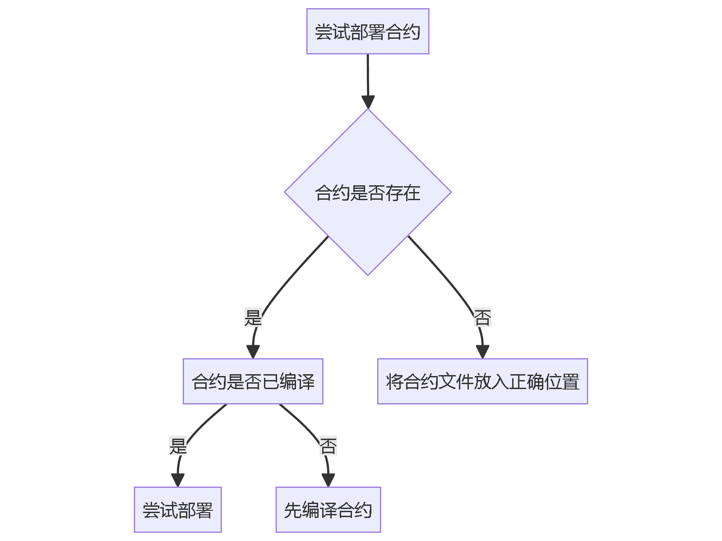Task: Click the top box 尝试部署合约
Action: pyautogui.click(x=367, y=32)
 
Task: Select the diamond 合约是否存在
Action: pyautogui.click(x=367, y=193)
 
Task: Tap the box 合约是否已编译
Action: pyautogui.click(x=253, y=381)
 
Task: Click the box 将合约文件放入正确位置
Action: pyautogui.click(x=482, y=381)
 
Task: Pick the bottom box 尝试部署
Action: pyautogui.click(x=177, y=510)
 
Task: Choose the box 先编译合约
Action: pyautogui.click(x=328, y=510)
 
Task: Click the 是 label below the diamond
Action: pyautogui.click(x=253, y=317)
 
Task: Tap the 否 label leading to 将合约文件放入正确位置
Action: pyautogui.click(x=482, y=317)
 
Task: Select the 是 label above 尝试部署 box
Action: pyautogui.click(x=178, y=446)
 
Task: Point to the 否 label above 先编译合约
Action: pyautogui.click(x=328, y=446)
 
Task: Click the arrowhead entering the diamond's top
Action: pyautogui.click(x=368, y=102)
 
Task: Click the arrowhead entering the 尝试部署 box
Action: pyautogui.click(x=178, y=480)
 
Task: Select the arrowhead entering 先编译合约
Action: pyautogui.click(x=328, y=480)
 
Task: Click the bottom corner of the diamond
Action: pyautogui.click(x=368, y=274)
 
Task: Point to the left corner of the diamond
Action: pyautogui.click(x=286, y=192)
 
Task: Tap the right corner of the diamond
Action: pyautogui.click(x=450, y=192)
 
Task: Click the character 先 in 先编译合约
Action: pyautogui.click(x=292, y=510)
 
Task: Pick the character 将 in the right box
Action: pyautogui.click(x=394, y=381)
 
